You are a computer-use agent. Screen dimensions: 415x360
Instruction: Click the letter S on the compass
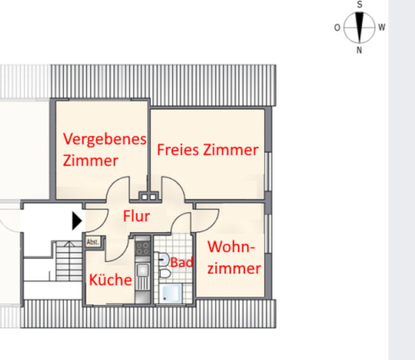click(359, 4)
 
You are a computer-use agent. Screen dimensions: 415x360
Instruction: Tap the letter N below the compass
click(359, 50)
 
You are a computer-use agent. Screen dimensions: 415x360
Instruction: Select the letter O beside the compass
click(337, 28)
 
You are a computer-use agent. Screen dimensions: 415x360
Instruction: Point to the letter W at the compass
click(382, 27)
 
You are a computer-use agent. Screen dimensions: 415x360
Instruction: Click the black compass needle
click(359, 22)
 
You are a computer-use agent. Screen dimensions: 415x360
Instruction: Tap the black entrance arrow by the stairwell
click(77, 221)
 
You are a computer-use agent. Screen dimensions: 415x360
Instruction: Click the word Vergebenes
click(105, 139)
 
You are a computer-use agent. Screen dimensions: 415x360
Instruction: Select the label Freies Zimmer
click(208, 150)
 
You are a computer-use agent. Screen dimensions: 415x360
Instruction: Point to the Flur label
click(136, 216)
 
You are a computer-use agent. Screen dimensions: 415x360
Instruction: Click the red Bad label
click(182, 263)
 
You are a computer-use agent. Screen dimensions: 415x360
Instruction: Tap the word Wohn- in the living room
click(231, 247)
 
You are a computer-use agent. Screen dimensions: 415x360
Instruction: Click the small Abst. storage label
click(93, 242)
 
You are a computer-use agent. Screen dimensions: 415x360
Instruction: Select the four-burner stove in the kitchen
click(142, 248)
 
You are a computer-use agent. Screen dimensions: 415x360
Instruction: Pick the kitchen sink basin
click(142, 270)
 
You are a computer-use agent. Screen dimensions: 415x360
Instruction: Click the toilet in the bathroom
click(164, 274)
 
